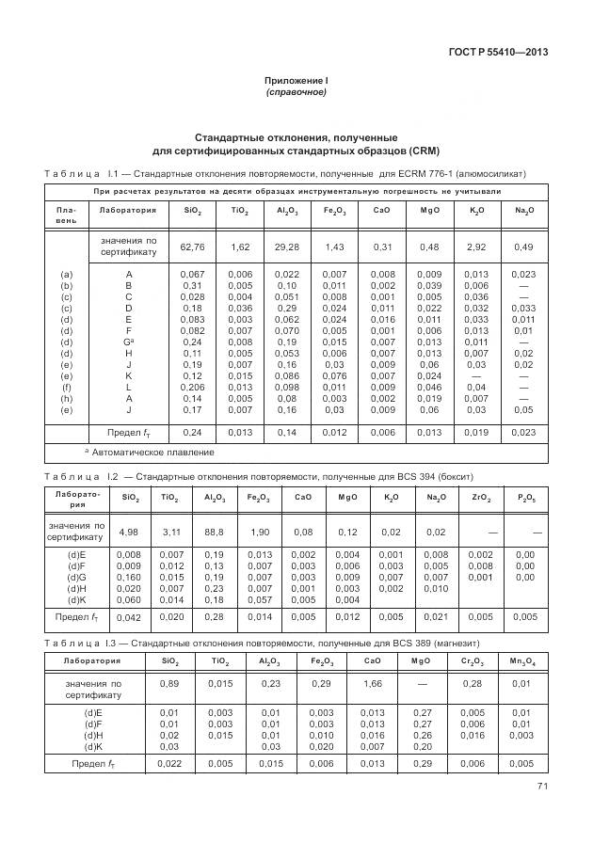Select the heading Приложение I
click(x=296, y=81)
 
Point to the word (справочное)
click(x=296, y=93)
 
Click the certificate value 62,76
click(x=192, y=247)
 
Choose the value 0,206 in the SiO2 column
click(x=192, y=386)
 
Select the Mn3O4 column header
click(x=521, y=660)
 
